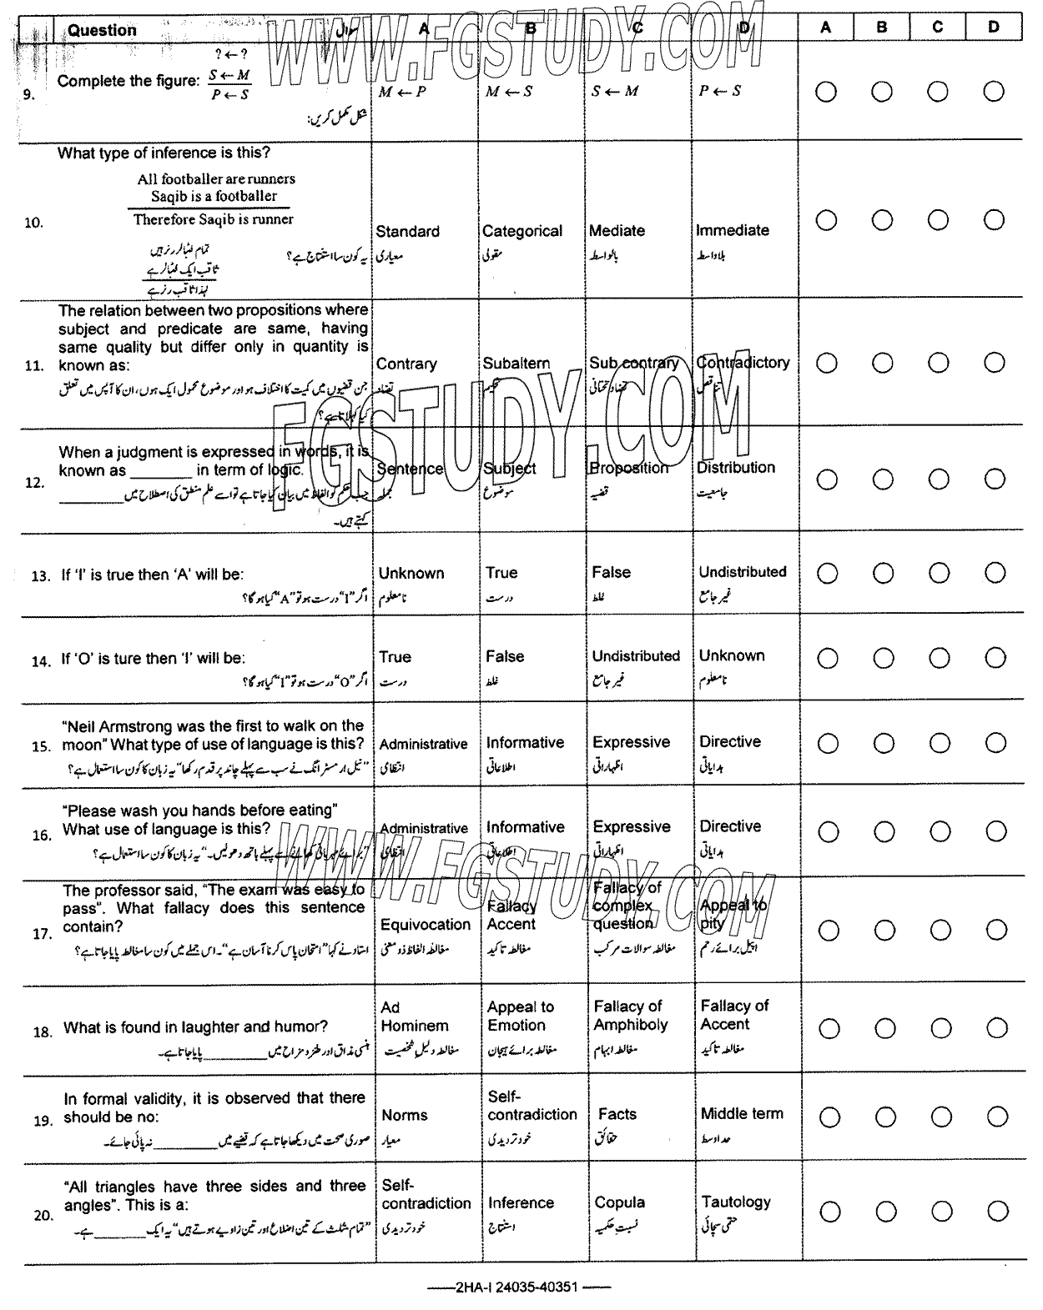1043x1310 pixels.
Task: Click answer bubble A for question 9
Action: (826, 91)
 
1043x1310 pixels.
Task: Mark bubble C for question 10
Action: (938, 220)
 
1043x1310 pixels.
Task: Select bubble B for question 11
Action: (883, 363)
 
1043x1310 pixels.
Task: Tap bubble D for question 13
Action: (995, 573)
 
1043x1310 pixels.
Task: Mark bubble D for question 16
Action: (995, 831)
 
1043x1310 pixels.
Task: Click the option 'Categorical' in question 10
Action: (522, 231)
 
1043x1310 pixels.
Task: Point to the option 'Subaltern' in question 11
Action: (516, 364)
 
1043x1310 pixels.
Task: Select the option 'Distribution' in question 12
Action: (736, 468)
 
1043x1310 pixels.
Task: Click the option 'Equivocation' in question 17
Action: (426, 925)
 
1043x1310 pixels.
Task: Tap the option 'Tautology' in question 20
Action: (736, 1202)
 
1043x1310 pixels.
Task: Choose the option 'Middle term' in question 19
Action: (742, 1113)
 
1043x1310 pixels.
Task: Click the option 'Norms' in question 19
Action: (405, 1115)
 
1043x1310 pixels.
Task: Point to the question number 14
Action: (41, 661)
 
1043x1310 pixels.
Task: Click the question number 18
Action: (43, 1032)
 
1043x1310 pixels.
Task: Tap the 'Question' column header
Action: (102, 30)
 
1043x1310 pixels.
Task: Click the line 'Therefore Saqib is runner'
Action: (214, 219)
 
